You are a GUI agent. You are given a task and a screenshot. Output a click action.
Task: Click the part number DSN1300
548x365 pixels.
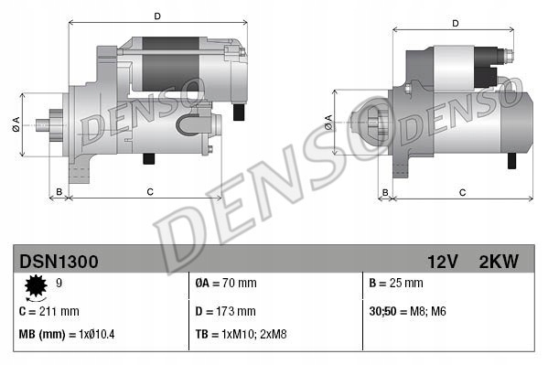pos(59,262)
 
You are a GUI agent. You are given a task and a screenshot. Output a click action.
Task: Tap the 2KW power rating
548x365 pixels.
pos(498,262)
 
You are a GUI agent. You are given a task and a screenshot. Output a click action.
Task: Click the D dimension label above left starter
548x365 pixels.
pos(157,16)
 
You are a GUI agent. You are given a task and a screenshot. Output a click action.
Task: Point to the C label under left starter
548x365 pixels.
pos(149,191)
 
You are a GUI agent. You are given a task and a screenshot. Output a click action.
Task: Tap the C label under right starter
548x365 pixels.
pos(463,192)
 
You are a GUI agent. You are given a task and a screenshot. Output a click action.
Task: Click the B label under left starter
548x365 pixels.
pos(59,191)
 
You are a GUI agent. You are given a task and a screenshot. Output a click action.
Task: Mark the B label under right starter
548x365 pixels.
pos(385,192)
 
